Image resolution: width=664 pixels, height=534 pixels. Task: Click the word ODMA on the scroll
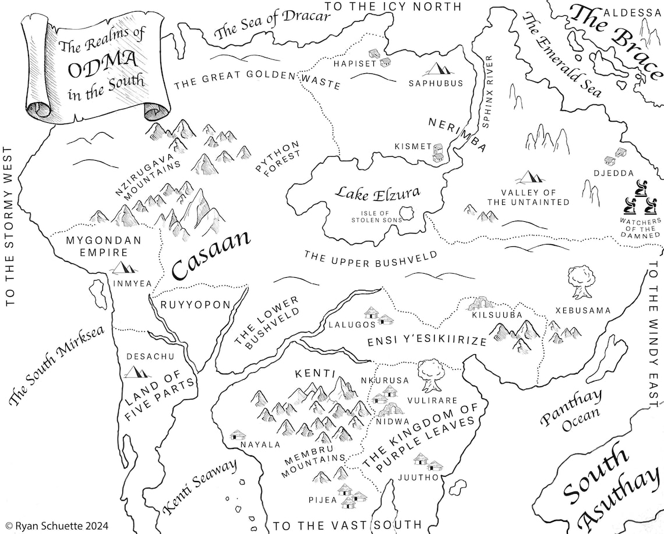101,69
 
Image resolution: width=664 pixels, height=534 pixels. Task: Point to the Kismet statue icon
438,152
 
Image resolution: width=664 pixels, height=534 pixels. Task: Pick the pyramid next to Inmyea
124,267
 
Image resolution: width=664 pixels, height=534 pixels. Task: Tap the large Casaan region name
211,257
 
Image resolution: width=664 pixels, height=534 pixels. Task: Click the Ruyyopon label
195,305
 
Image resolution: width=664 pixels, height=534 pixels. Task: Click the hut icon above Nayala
238,434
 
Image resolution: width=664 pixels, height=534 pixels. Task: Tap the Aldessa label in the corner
626,12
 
